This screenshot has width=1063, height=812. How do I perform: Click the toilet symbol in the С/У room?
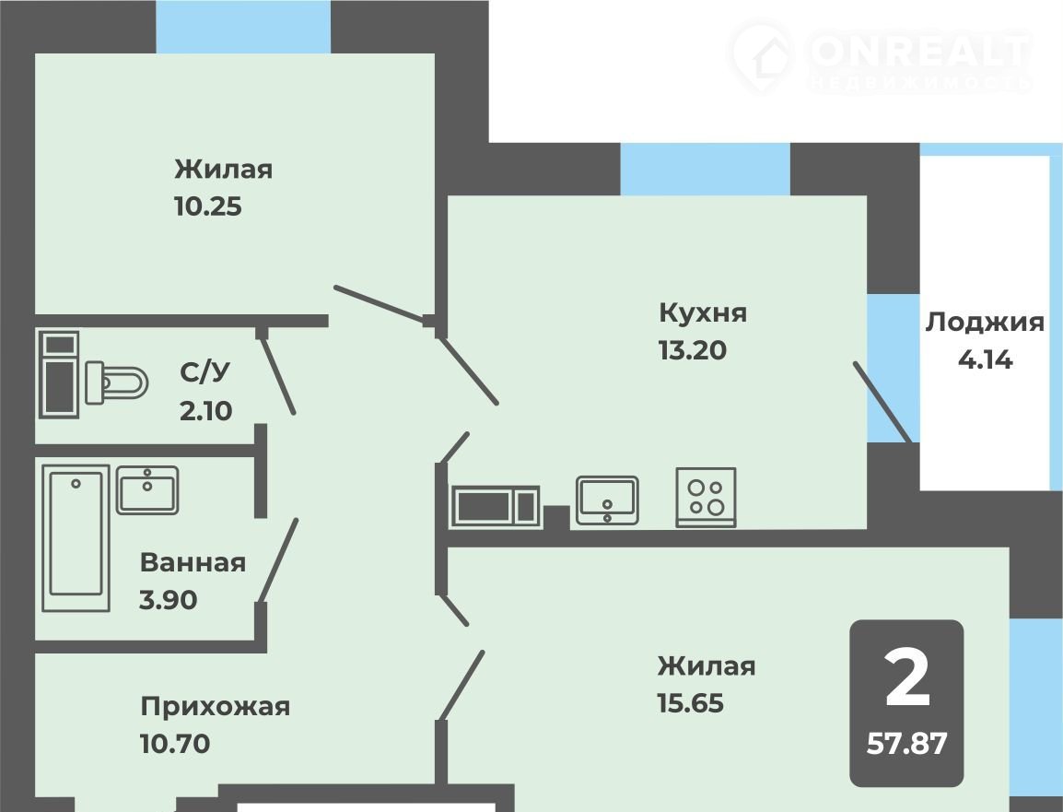[x=117, y=382]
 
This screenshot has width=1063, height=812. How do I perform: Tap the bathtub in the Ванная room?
[x=76, y=537]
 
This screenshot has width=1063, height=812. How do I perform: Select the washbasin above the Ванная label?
[x=147, y=489]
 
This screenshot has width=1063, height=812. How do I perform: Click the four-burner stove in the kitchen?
[x=706, y=497]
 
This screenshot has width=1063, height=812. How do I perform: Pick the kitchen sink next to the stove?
[x=607, y=500]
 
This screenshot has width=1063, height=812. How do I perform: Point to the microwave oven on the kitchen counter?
[x=496, y=506]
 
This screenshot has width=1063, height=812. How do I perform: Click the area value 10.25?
[x=208, y=206]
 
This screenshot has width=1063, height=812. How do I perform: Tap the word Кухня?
[x=703, y=312]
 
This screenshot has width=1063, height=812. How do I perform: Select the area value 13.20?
[x=692, y=350]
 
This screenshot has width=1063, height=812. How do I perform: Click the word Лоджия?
[x=985, y=323]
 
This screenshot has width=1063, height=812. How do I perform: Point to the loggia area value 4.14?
[x=985, y=359]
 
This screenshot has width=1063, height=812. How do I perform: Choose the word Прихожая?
[x=216, y=707]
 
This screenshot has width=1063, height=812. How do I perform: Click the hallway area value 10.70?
[x=175, y=744]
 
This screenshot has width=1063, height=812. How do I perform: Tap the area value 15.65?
[x=690, y=703]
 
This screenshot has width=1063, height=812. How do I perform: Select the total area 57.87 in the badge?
[x=906, y=744]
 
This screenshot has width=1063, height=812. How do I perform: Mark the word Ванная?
[x=193, y=563]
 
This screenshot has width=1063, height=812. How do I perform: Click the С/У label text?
[x=204, y=371]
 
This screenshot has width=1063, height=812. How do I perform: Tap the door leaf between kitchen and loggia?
[x=882, y=402]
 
